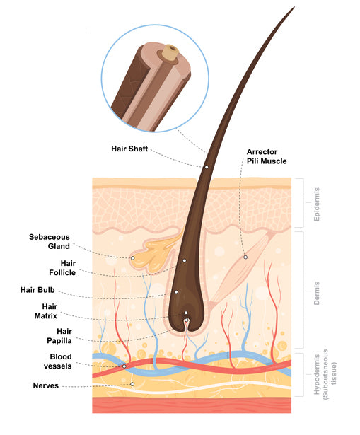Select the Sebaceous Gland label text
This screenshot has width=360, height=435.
click(x=50, y=241)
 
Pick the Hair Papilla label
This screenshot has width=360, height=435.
click(x=59, y=335)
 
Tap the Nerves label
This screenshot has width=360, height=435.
click(x=46, y=385)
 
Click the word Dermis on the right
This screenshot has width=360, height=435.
click(x=315, y=292)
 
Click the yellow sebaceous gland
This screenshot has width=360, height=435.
click(x=152, y=255)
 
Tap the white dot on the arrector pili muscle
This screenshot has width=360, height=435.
click(x=245, y=257)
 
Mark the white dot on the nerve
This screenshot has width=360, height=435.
click(x=132, y=384)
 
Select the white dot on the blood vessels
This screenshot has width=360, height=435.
click(x=124, y=366)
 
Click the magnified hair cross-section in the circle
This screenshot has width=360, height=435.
click(x=153, y=82)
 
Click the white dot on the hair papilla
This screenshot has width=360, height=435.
click(x=186, y=320)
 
